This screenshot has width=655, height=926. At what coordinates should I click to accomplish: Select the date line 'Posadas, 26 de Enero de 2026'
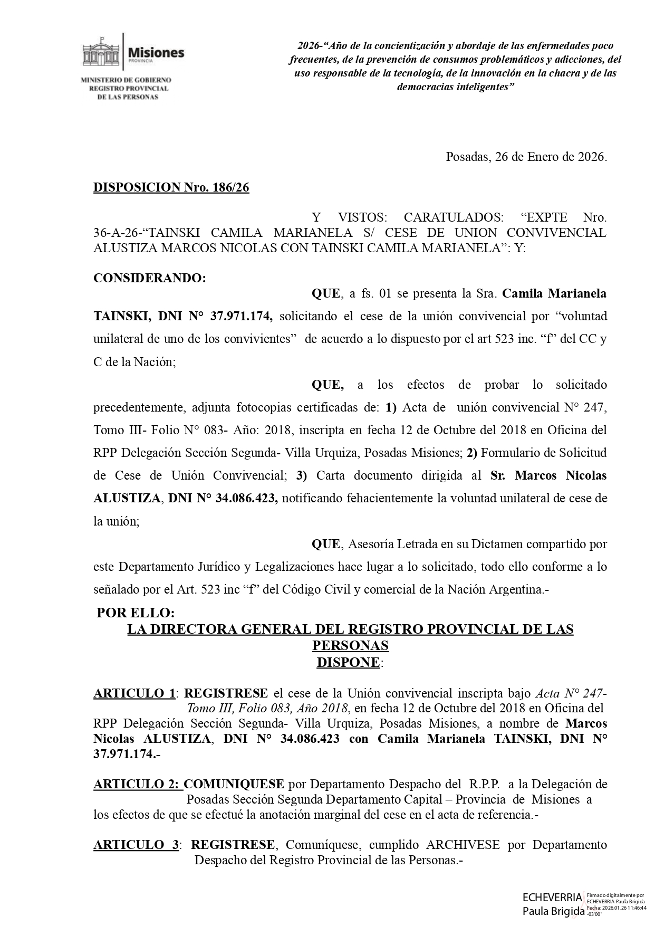[x=526, y=157]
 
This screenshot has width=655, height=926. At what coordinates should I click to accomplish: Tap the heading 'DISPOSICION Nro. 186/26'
[x=171, y=188]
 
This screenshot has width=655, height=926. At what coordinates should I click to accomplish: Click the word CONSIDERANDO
[x=149, y=278]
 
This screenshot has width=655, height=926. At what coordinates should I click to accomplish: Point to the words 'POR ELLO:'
[x=135, y=613]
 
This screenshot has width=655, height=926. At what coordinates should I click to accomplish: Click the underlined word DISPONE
[x=348, y=662]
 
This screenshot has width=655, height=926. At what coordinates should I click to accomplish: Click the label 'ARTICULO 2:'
[x=138, y=784]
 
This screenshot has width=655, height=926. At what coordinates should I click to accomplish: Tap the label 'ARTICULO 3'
[x=136, y=845]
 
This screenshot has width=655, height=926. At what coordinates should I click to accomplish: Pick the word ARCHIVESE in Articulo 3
[x=463, y=845]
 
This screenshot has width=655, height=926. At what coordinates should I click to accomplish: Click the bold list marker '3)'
[x=301, y=475]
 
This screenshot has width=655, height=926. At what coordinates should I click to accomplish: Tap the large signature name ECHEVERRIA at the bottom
[x=552, y=897]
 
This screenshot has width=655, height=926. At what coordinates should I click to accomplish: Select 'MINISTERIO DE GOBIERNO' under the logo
[x=126, y=80]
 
